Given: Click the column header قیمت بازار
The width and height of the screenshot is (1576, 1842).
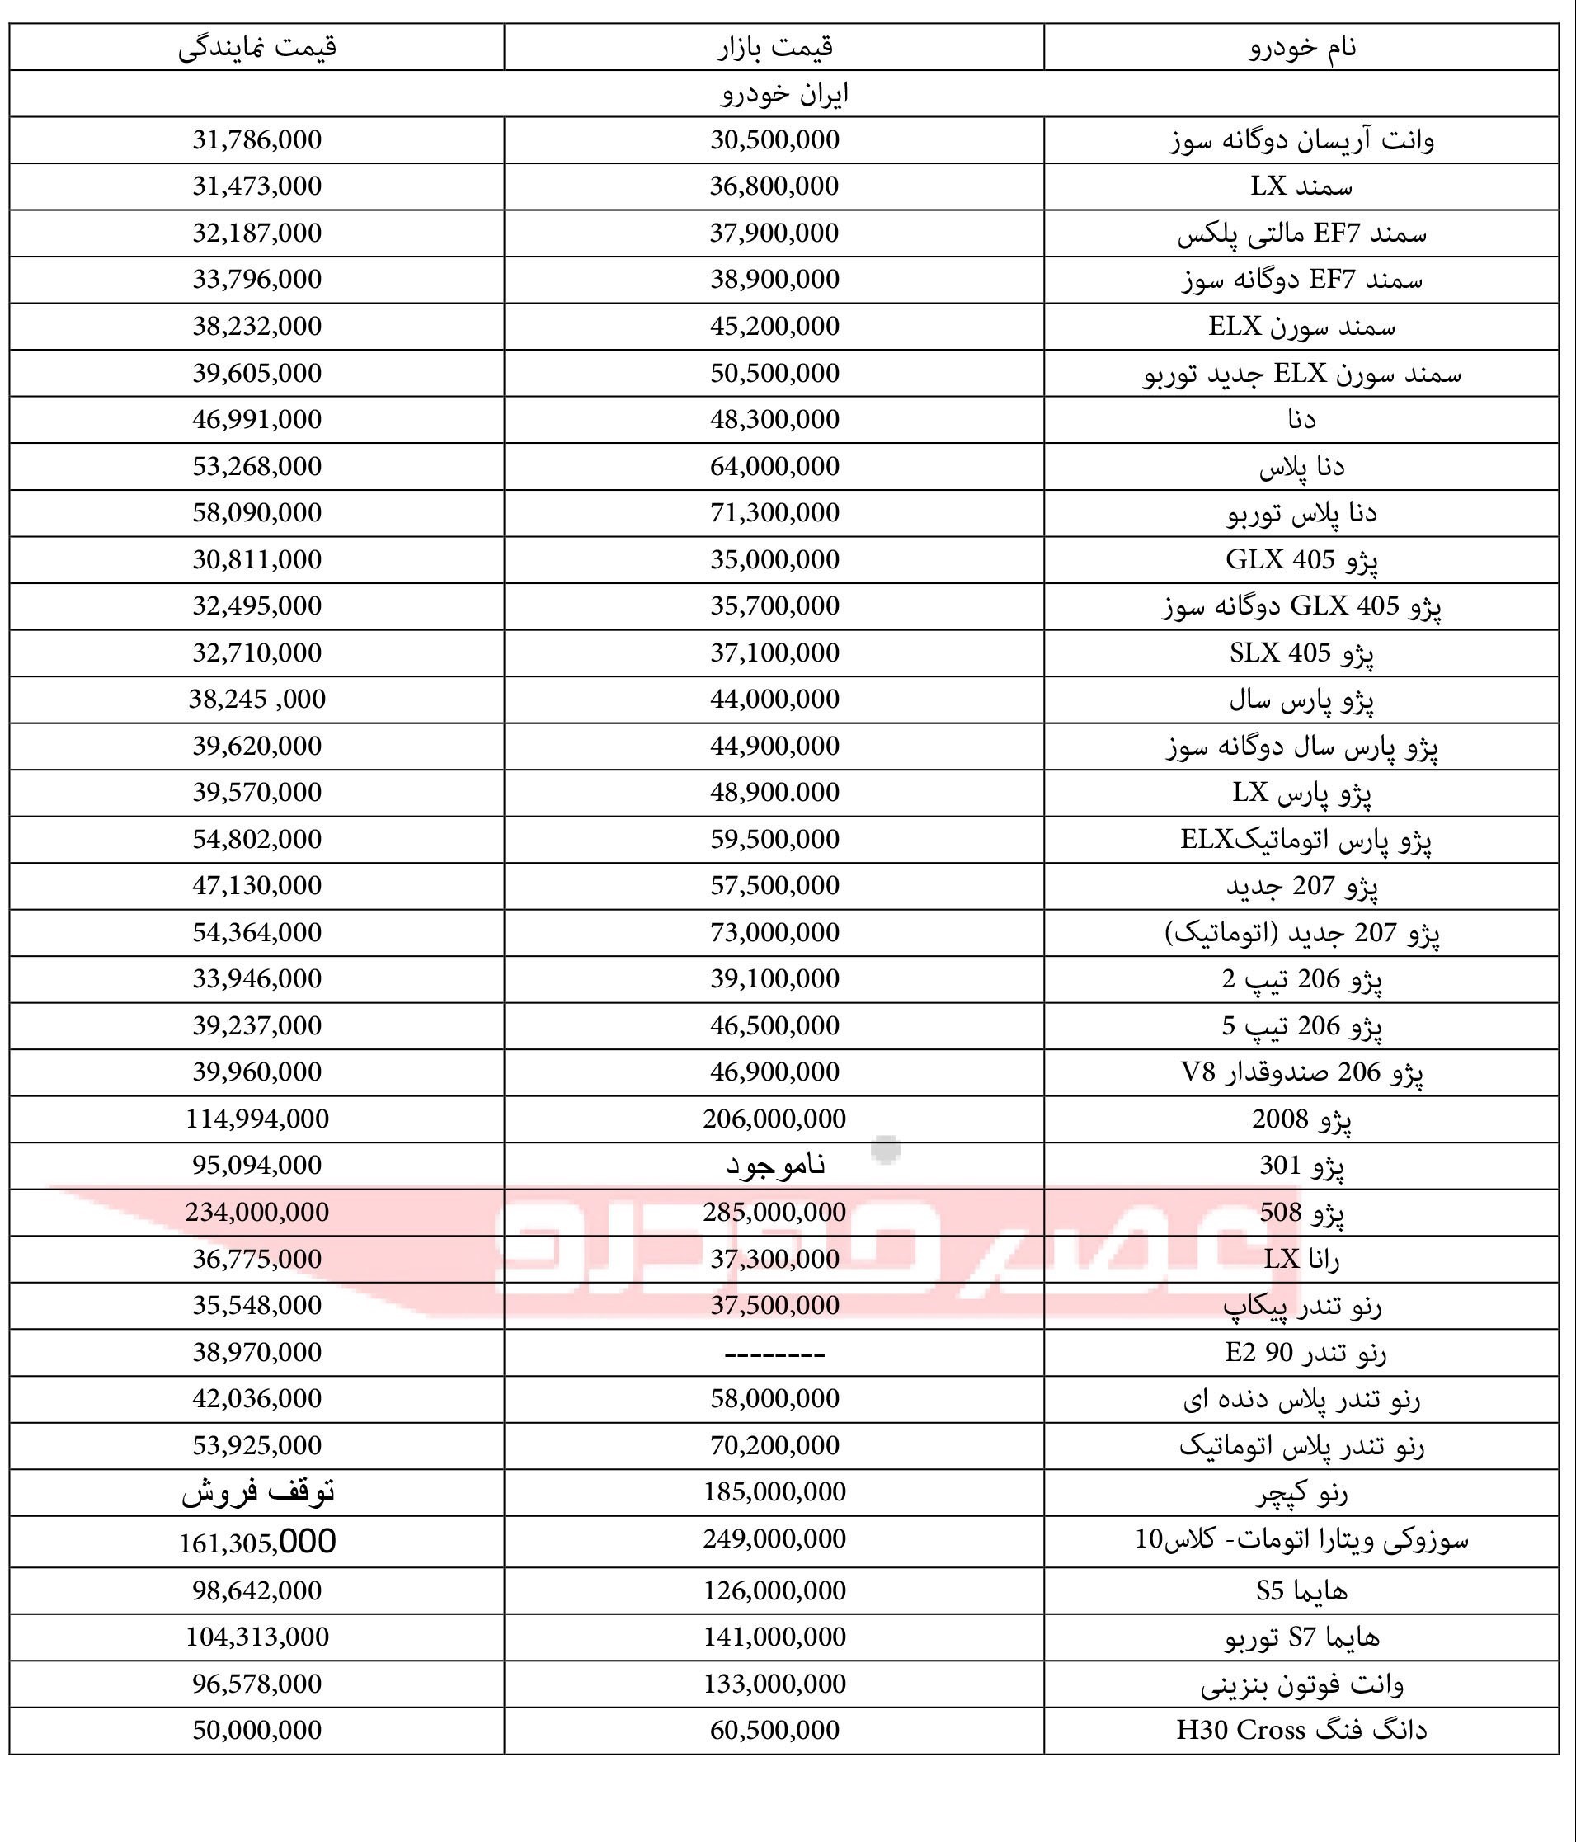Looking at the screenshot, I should [x=774, y=46].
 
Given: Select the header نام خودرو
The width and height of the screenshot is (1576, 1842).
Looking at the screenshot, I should [x=1301, y=46].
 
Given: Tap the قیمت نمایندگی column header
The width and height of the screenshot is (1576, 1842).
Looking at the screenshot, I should [x=256, y=46].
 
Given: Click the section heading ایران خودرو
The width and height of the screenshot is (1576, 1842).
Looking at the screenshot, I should [x=784, y=93].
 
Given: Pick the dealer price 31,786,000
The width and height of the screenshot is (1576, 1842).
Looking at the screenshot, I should [x=256, y=139].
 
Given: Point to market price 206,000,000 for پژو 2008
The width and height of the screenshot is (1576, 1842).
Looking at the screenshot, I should [x=774, y=1119].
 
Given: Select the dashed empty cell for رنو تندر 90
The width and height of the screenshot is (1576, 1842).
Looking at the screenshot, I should [x=774, y=1353].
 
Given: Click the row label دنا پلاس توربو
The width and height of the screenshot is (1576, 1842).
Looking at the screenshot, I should [x=1301, y=513].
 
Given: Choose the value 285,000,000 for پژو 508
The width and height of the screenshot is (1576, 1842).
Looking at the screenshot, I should [x=774, y=1212].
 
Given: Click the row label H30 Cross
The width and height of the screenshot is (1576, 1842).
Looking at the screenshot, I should [x=1301, y=1730].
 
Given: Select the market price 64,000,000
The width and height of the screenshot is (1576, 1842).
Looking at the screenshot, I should [x=774, y=466].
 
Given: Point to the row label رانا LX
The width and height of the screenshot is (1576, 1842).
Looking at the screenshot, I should [x=1301, y=1259].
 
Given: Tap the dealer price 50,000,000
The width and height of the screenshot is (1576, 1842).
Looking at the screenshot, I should [x=256, y=1730].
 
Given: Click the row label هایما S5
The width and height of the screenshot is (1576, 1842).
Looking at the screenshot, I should [x=1301, y=1590].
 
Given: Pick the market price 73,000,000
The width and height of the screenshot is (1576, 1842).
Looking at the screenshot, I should [x=774, y=931].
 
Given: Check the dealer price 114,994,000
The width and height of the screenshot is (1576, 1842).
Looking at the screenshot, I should [x=256, y=1119].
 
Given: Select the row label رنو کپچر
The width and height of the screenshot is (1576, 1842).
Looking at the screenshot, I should [x=1301, y=1492].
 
